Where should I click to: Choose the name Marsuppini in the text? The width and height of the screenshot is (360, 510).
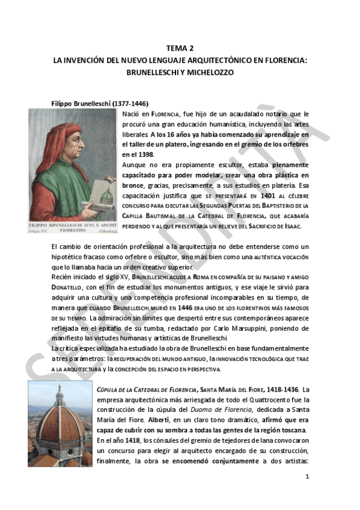coord(220,328)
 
